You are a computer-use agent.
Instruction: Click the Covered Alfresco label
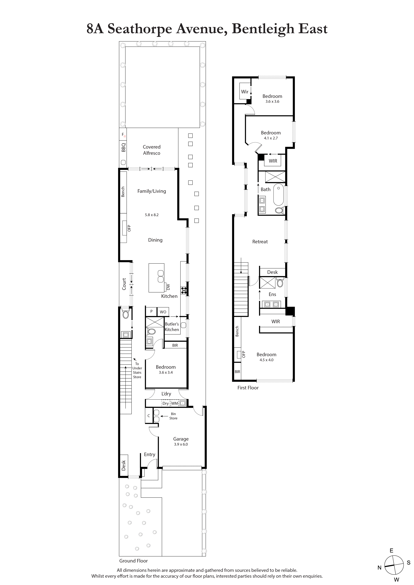coord(152,150)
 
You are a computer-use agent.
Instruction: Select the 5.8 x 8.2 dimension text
coord(152,215)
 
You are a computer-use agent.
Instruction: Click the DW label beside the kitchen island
coord(168,287)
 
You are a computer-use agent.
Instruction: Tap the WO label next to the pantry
coord(163,312)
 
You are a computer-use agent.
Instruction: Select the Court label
coord(124,284)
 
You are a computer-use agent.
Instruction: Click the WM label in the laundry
coord(174,403)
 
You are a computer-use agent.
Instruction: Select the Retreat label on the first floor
coord(260,241)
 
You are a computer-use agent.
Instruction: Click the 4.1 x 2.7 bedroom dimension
coord(271,138)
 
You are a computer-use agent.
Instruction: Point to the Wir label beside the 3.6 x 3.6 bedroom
coord(244,92)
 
